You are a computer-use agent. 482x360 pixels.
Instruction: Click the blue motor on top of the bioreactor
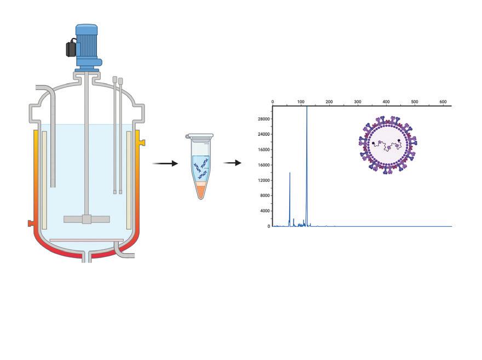[87, 44]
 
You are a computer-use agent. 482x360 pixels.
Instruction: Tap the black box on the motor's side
[71, 49]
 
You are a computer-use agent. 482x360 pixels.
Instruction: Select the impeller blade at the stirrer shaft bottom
[87, 219]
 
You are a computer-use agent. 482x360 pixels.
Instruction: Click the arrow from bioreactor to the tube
[165, 163]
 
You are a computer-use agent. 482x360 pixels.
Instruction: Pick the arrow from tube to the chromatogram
[232, 163]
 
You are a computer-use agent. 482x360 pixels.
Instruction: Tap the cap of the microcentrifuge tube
[199, 136]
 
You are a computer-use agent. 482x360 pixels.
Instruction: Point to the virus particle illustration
[388, 145]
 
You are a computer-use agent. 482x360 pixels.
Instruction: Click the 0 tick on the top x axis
[273, 102]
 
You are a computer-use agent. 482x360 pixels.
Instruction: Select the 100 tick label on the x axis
[301, 102]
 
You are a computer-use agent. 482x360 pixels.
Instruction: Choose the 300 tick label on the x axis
[358, 102]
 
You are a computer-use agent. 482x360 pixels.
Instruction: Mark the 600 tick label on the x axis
[443, 102]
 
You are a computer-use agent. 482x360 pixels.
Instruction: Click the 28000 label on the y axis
[264, 119]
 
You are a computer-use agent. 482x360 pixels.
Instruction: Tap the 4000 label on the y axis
[265, 211]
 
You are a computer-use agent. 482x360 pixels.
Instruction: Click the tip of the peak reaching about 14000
[290, 173]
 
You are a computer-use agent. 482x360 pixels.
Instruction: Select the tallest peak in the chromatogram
[307, 108]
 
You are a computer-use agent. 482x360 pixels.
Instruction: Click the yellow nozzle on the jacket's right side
[142, 142]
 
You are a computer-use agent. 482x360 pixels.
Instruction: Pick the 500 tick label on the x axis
[415, 102]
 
